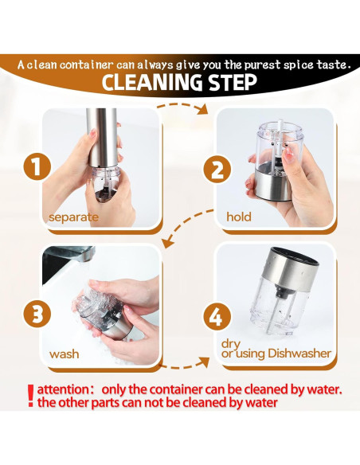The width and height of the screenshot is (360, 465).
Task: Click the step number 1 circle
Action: [x=37, y=166]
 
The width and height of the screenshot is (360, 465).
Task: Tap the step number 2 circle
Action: [x=217, y=170]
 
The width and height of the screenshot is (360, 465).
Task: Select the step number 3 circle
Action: [x=37, y=314]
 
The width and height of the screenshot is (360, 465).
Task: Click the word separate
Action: [x=73, y=217]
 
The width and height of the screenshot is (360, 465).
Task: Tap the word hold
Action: [x=239, y=217]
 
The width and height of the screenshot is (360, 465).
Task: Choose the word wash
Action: [x=64, y=354]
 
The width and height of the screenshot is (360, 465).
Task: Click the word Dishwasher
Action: [x=299, y=354]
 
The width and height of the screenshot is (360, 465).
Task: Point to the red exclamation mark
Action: [x=30, y=396]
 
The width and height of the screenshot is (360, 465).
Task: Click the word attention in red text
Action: [x=61, y=389]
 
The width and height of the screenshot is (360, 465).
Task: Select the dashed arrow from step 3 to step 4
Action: [x=185, y=364]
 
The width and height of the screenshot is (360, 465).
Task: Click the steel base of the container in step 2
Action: [x=273, y=186]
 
